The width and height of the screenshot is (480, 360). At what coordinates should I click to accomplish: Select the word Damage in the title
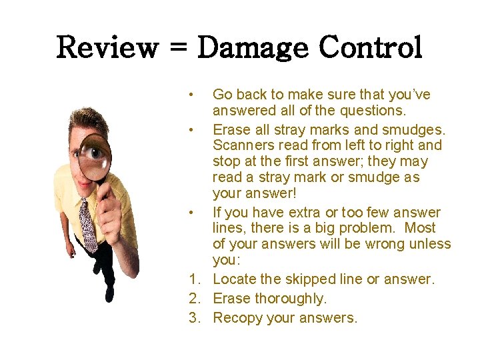(x=254, y=48)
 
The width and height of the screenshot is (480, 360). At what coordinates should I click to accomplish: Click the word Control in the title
(x=371, y=48)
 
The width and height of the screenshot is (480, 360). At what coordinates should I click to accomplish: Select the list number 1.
(x=194, y=279)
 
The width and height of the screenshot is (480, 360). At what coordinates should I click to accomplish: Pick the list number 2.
(x=194, y=299)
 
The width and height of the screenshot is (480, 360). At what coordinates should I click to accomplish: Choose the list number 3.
(x=194, y=318)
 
